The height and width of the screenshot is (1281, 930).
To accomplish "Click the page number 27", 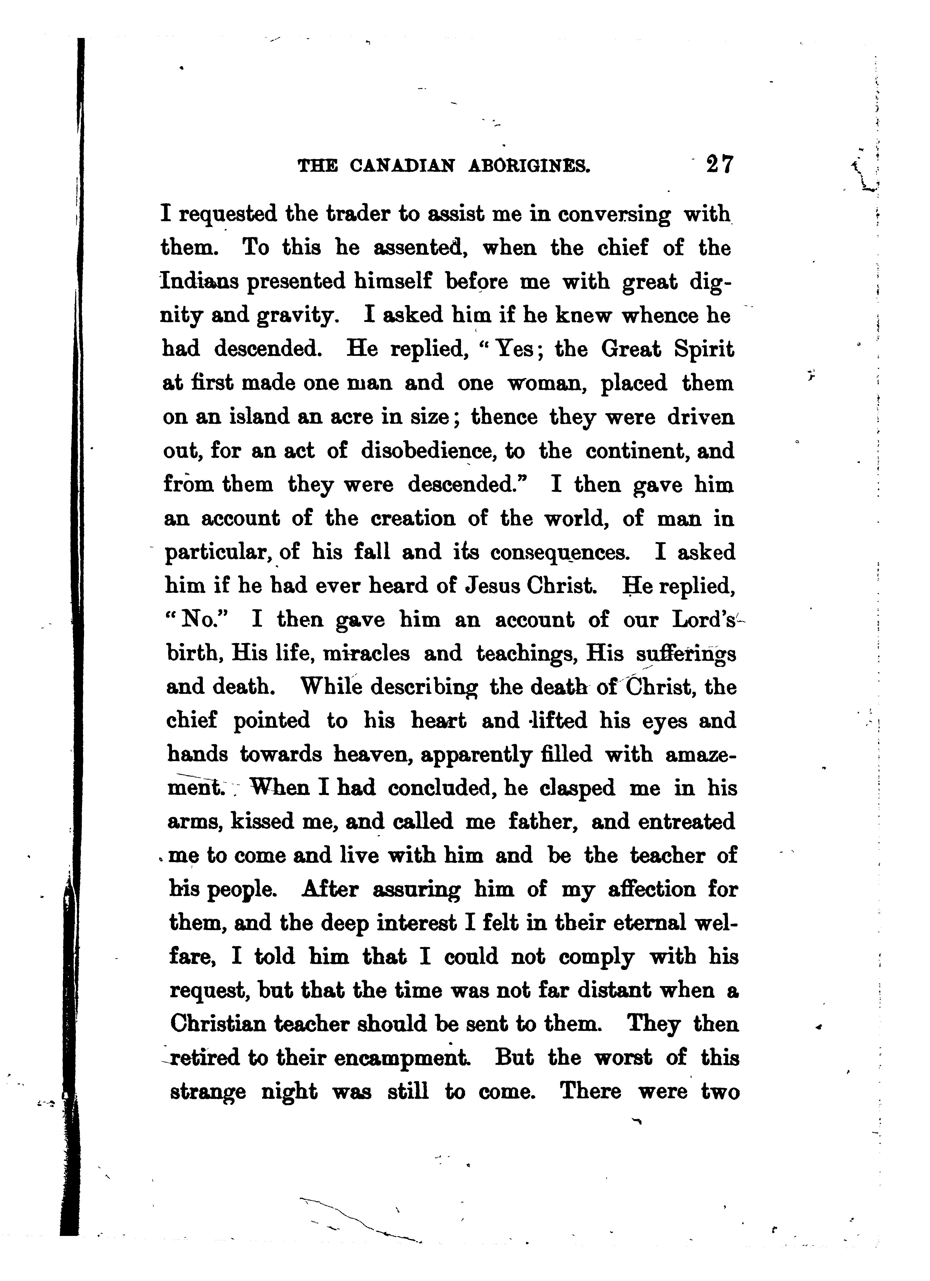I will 718,164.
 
